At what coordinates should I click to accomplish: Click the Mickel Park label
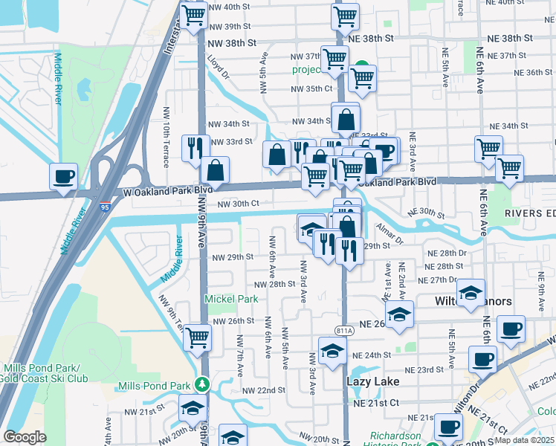(x=231, y=299)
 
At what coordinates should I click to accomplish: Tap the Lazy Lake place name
(x=373, y=381)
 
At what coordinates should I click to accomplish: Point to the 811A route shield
(x=344, y=331)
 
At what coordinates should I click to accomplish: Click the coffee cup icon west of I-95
(x=63, y=177)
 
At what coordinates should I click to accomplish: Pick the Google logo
(x=25, y=437)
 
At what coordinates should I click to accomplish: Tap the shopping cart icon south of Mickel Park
(x=197, y=337)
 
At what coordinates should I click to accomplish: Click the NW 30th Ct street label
(x=238, y=204)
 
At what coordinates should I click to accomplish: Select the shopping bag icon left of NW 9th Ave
(x=215, y=169)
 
